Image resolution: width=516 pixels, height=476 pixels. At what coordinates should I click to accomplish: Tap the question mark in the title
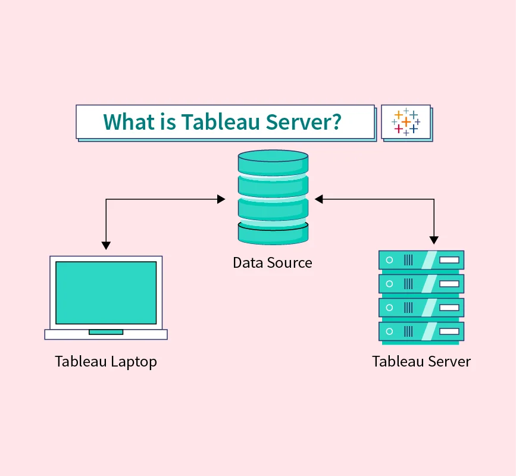tap(335, 121)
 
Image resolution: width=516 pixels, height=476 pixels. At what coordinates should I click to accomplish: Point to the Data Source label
tap(273, 262)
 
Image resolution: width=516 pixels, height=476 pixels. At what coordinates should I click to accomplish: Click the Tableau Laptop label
tap(106, 361)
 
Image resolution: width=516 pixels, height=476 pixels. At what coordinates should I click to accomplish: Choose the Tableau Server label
tap(421, 361)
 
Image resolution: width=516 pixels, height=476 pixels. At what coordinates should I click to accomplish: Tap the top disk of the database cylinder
tap(273, 161)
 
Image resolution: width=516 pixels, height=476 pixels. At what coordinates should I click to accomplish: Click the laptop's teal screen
tap(106, 292)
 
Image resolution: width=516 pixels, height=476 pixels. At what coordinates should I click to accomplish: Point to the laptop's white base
tap(106, 334)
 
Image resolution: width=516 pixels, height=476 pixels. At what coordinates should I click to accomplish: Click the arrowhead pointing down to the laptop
tap(106, 245)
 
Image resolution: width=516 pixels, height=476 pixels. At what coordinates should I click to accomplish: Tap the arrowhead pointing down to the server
tap(434, 240)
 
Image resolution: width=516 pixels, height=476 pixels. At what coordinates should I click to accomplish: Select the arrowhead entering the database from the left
tap(221, 199)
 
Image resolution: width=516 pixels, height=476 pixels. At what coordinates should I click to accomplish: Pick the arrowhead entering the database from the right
tap(319, 199)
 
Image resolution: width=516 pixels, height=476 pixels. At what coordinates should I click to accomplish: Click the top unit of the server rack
tap(421, 260)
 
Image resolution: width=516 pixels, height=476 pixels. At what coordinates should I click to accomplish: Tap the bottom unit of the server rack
tap(421, 331)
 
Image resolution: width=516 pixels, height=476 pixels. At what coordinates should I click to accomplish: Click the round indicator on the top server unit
tap(390, 260)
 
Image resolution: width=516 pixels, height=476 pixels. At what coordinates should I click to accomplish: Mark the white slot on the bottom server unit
tap(449, 331)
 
